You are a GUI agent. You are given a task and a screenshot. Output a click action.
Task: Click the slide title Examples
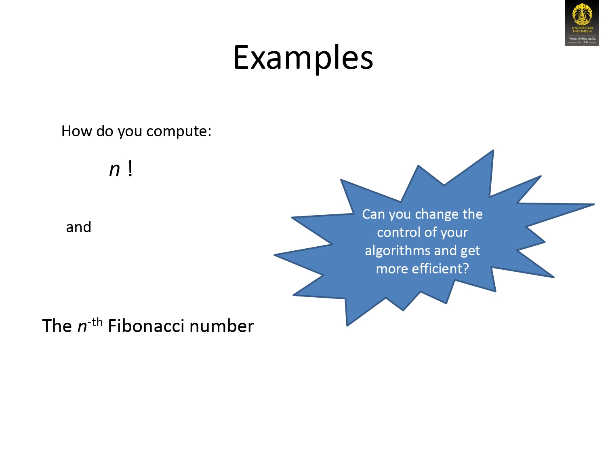pyautogui.click(x=303, y=58)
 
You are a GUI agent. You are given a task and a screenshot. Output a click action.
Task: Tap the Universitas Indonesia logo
pyautogui.click(x=582, y=23)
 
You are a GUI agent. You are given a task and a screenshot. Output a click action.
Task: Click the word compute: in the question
pyautogui.click(x=179, y=131)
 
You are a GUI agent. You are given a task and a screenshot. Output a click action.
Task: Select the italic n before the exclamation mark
pyautogui.click(x=115, y=169)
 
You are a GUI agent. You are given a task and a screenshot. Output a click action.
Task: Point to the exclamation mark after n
pyautogui.click(x=130, y=169)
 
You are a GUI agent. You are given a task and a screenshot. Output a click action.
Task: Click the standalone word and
pyautogui.click(x=79, y=227)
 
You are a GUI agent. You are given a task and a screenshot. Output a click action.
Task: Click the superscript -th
pyautogui.click(x=95, y=322)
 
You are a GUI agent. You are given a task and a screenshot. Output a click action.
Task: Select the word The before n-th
pyautogui.click(x=57, y=326)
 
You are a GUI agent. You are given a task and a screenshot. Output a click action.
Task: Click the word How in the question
pyautogui.click(x=74, y=131)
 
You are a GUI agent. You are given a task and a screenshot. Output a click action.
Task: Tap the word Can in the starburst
pyautogui.click(x=373, y=214)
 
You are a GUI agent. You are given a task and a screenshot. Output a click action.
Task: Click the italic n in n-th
pyautogui.click(x=82, y=327)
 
